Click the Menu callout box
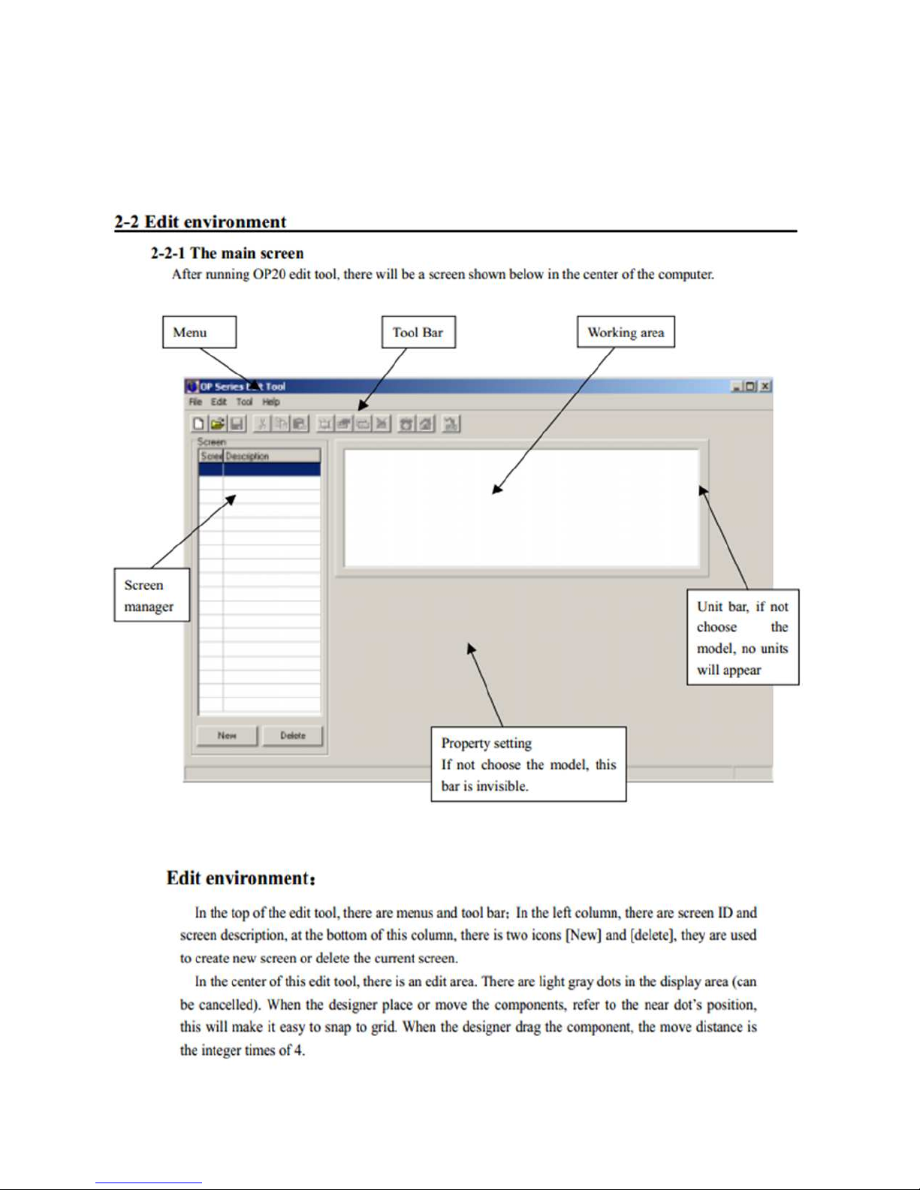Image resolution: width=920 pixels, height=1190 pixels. tap(199, 332)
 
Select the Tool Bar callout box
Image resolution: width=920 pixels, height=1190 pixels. tap(418, 332)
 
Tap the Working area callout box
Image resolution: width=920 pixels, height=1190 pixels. tap(626, 332)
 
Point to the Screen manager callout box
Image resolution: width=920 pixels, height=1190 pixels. tap(151, 595)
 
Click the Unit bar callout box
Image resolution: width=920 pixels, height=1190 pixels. tap(742, 637)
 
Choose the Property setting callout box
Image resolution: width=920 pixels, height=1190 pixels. tap(528, 764)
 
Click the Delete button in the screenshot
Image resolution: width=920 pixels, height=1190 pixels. tap(293, 736)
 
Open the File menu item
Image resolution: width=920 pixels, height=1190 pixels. tap(195, 402)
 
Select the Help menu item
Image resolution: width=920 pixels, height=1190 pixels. tap(271, 402)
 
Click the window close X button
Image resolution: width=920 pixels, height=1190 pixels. tap(765, 386)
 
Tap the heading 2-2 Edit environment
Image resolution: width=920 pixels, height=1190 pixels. tap(201, 221)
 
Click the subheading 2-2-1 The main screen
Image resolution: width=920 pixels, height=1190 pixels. tap(227, 253)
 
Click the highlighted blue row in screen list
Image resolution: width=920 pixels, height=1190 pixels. tap(259, 469)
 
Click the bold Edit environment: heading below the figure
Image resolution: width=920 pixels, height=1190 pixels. tap(241, 878)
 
